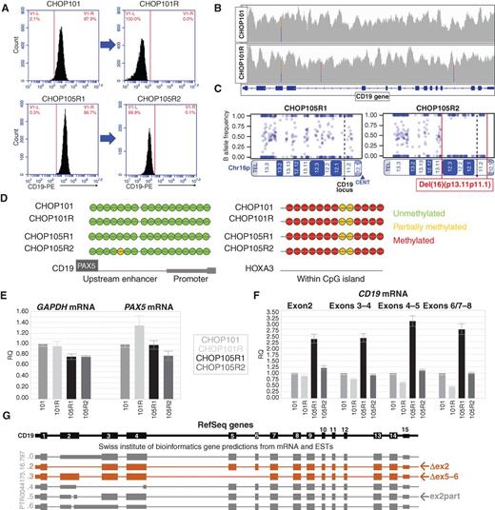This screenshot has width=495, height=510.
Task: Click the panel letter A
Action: (8, 8)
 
